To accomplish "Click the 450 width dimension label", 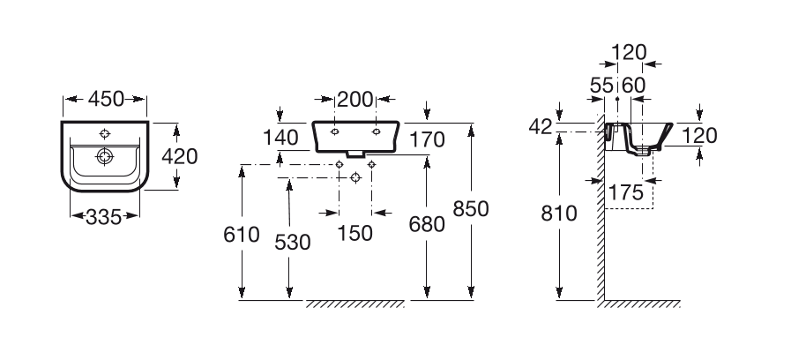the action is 106,99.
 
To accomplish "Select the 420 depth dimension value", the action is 180,156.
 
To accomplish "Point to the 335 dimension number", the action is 104,217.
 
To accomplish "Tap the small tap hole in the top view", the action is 105,134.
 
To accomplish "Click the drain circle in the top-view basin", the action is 104,156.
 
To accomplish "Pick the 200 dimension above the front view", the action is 355,100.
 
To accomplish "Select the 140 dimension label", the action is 280,138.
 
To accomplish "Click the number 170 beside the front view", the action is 427,139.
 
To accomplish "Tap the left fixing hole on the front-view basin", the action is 334,131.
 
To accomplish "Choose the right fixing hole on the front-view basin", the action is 376,131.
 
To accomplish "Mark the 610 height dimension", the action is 242,235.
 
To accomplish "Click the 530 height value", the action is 293,243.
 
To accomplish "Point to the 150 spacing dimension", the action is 354,233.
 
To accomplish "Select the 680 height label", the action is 427,224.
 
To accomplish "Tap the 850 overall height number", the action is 471,208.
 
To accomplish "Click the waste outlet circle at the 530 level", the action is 355,177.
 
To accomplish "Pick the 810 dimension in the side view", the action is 559,214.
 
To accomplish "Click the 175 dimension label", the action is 626,192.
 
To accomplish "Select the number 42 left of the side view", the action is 541,127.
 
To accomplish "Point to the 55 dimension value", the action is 601,86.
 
